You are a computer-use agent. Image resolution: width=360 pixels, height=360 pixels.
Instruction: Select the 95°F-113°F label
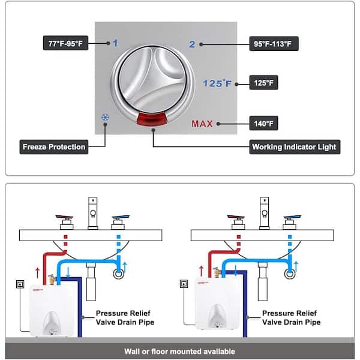click(x=274, y=44)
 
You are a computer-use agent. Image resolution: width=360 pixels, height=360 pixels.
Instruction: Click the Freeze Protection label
click(x=54, y=146)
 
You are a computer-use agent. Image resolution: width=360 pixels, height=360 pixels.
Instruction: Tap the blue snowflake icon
click(x=106, y=118)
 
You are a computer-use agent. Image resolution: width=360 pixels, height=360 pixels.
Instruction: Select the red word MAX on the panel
click(x=203, y=125)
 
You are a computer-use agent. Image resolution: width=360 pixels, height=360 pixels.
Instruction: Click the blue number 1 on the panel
click(x=115, y=43)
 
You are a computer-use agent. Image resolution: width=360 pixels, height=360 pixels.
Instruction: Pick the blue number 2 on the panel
click(x=192, y=44)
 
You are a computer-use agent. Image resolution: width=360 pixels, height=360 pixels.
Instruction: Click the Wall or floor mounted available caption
click(x=179, y=352)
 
